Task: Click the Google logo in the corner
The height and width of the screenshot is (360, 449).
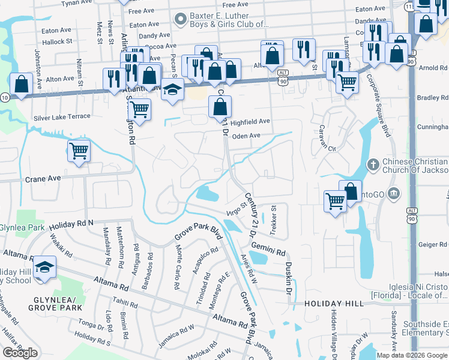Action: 20,353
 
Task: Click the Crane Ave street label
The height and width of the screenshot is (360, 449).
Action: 43,179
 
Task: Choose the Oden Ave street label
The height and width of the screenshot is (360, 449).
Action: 246,136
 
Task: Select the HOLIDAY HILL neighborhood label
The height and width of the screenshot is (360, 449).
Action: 334,304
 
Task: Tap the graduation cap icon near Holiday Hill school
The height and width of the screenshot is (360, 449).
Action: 44,266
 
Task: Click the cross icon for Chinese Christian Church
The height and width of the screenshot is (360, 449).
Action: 373,163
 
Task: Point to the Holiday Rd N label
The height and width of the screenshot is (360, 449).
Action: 72,223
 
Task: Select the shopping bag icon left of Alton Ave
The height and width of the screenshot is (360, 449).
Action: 21,85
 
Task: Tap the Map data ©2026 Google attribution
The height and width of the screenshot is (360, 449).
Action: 412,355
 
